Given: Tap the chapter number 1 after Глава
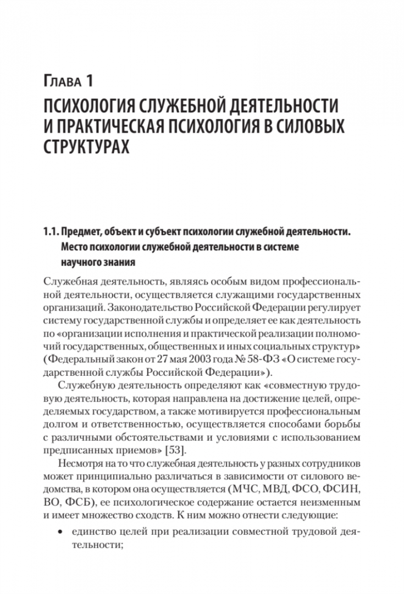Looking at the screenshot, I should coord(88,84).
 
